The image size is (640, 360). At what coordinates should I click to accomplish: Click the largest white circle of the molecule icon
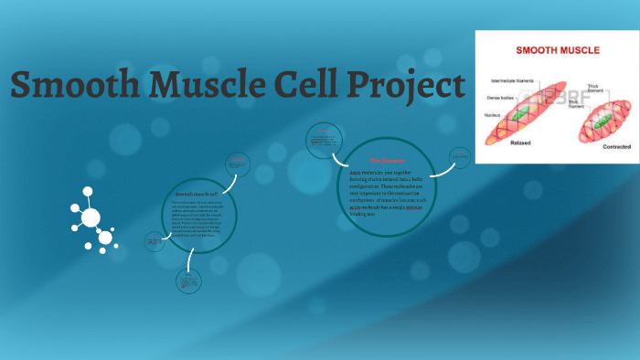point(91,217)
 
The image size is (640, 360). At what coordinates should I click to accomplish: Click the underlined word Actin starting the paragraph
point(357,172)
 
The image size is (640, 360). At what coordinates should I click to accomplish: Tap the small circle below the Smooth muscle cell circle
point(189,282)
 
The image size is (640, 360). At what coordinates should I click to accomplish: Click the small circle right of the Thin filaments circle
point(459,157)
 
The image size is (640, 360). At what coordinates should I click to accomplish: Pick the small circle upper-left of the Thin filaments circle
point(324,140)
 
